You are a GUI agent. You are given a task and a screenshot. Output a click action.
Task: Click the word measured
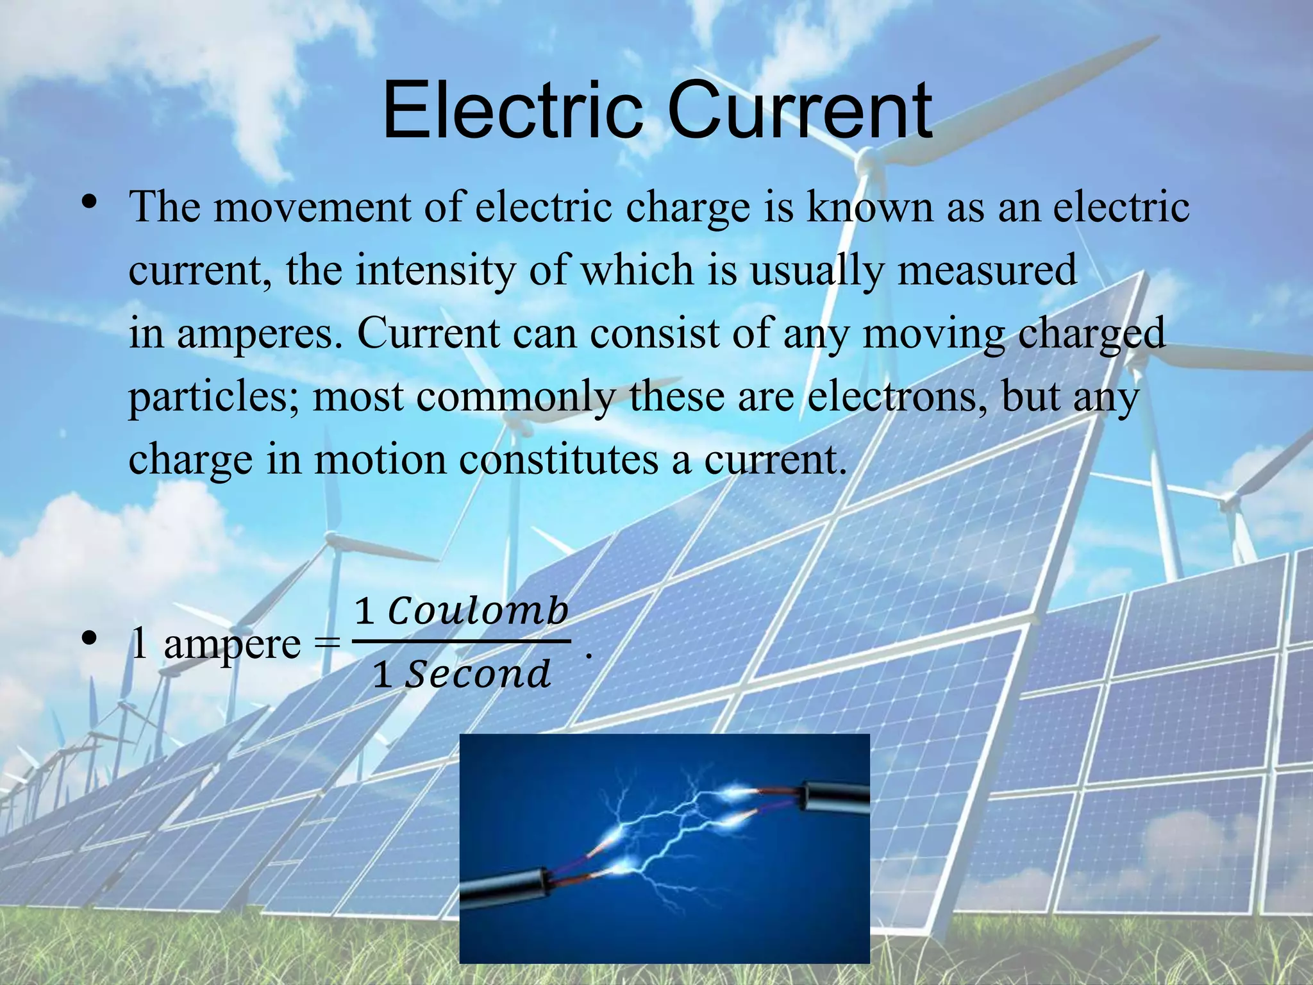point(987,270)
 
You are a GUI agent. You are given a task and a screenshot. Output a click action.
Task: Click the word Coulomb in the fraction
point(478,610)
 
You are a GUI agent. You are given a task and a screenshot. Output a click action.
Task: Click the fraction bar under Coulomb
point(462,641)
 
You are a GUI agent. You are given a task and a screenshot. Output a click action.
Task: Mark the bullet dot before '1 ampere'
point(89,639)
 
